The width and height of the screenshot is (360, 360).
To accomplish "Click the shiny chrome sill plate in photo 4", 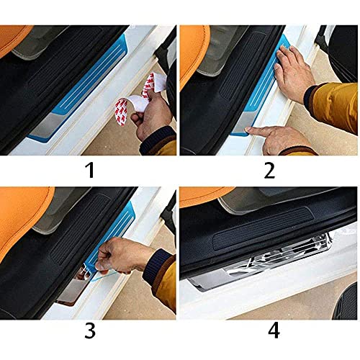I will click(x=266, y=263).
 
